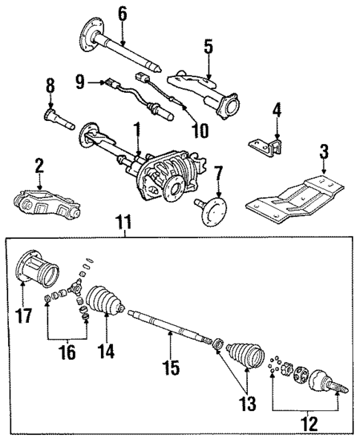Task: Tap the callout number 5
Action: click(209, 47)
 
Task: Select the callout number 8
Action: click(50, 87)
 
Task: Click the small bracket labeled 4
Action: click(271, 146)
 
